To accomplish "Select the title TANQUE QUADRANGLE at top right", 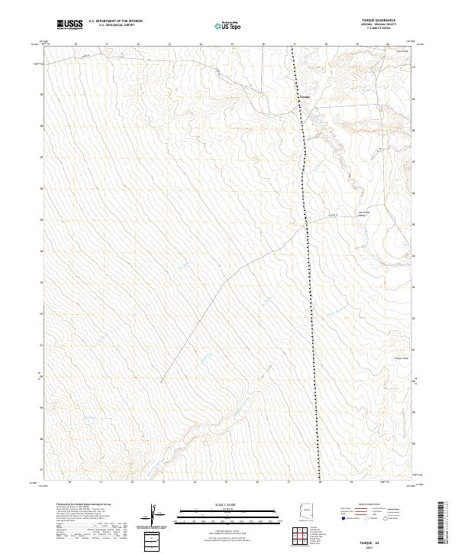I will coord(384,20).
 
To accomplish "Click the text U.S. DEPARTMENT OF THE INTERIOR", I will coord(115,21).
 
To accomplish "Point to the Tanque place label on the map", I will coord(304,97).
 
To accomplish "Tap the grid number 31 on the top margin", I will coord(106,44).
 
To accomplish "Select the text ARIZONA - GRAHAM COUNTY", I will coord(384,25).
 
